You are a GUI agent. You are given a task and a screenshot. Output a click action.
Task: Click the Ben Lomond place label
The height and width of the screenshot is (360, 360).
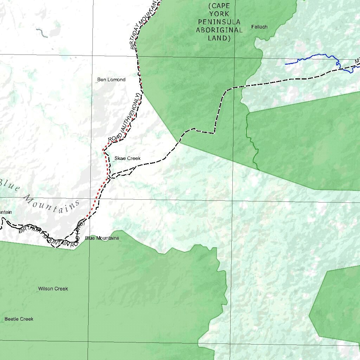pyautogui.click(x=111, y=80)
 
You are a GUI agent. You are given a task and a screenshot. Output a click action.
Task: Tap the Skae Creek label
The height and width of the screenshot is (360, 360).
pyautogui.click(x=127, y=159)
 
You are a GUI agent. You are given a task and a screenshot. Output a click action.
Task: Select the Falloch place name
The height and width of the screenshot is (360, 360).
pyautogui.click(x=259, y=27)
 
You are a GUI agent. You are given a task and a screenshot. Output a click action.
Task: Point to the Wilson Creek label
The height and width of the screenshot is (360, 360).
pyautogui.click(x=53, y=289)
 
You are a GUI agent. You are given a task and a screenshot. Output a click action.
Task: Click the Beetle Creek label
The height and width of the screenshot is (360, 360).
pyautogui.click(x=19, y=319)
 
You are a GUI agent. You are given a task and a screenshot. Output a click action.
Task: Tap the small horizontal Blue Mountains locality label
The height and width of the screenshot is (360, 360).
pyautogui.click(x=102, y=238)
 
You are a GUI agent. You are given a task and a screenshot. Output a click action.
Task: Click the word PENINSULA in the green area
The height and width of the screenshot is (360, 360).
pyautogui.click(x=219, y=22)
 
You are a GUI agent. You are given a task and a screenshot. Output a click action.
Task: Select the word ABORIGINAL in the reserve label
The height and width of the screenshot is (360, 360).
pyautogui.click(x=219, y=30)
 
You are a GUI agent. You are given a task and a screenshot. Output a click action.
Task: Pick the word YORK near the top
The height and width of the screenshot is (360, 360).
pyautogui.click(x=219, y=14)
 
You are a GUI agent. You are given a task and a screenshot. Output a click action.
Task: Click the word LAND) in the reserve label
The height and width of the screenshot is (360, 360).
pyautogui.click(x=219, y=38)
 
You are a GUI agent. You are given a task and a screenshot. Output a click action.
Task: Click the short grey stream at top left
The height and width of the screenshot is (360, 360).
pyautogui.click(x=41, y=33)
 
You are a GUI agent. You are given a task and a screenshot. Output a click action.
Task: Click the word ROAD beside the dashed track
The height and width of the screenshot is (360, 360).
pyautogui.click(x=115, y=138)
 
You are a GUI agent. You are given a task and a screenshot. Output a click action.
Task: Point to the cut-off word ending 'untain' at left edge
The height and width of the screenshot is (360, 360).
pyautogui.click(x=6, y=212)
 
